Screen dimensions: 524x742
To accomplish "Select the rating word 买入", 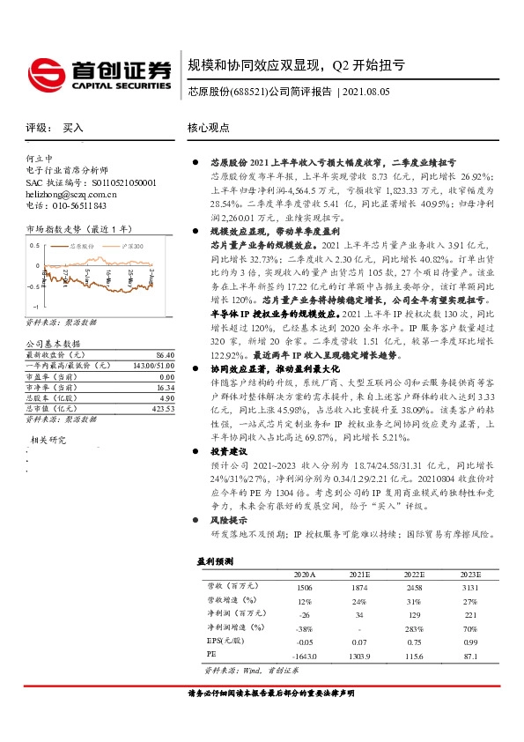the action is (x=73, y=128).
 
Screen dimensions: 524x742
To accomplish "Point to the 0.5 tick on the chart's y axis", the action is (x=34, y=244).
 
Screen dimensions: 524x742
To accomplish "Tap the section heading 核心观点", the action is (x=208, y=128).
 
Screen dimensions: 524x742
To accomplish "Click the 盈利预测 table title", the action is (x=213, y=560).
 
